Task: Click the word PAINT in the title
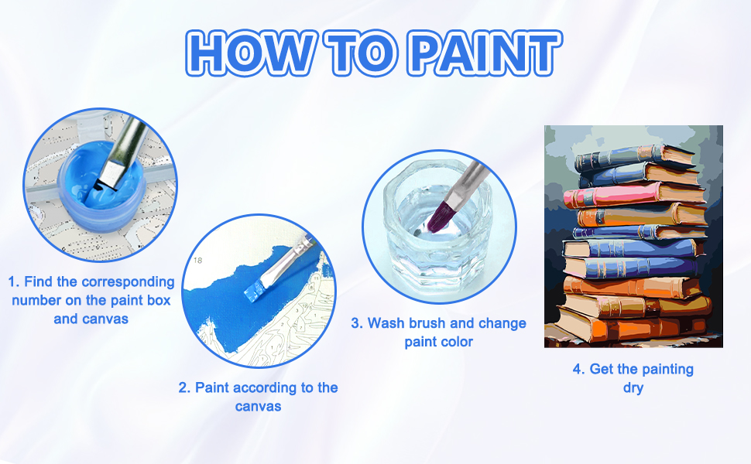485,53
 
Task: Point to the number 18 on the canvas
197,260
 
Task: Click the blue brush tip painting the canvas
254,290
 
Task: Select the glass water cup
437,230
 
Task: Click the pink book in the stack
633,195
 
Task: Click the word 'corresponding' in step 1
129,281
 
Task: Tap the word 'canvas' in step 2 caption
258,406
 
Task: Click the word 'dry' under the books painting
633,387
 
